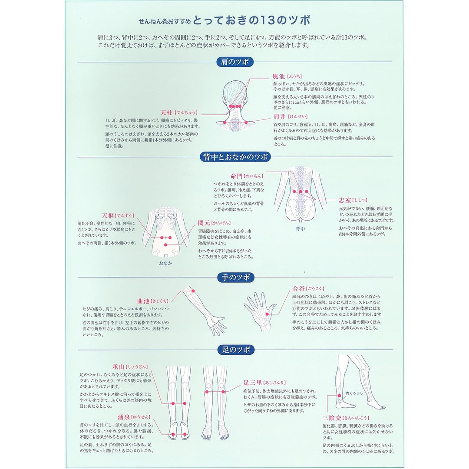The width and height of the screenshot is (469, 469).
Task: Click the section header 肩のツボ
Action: point(234,62)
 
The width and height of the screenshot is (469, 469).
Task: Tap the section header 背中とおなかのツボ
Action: point(235,157)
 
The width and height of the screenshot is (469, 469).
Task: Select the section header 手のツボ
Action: point(235,277)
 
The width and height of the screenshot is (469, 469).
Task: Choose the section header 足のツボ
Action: point(235,350)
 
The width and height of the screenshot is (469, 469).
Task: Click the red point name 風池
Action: point(278,76)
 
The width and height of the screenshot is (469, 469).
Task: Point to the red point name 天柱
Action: point(167,112)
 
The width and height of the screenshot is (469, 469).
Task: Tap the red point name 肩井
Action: point(279,116)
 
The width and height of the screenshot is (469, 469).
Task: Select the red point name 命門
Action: point(237,176)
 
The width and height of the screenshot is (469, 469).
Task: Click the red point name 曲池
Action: point(143,301)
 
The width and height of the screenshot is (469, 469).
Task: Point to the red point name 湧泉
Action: point(118,417)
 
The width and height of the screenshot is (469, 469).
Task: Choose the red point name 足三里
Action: point(252,383)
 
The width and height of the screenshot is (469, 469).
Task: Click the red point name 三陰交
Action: point(329,418)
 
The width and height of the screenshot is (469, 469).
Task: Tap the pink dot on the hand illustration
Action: point(268,314)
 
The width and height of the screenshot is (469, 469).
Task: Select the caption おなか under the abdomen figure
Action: point(165,263)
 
